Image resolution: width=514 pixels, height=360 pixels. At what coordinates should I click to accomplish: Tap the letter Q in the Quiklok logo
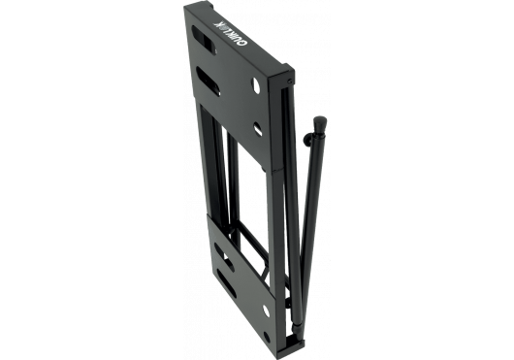(x=244, y=45)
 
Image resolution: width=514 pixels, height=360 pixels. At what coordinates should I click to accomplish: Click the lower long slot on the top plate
(x=209, y=82)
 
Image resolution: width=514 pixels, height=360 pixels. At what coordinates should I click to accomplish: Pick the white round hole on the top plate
(x=257, y=84)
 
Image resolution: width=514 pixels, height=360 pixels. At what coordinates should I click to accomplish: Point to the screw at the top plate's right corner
(x=289, y=82)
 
